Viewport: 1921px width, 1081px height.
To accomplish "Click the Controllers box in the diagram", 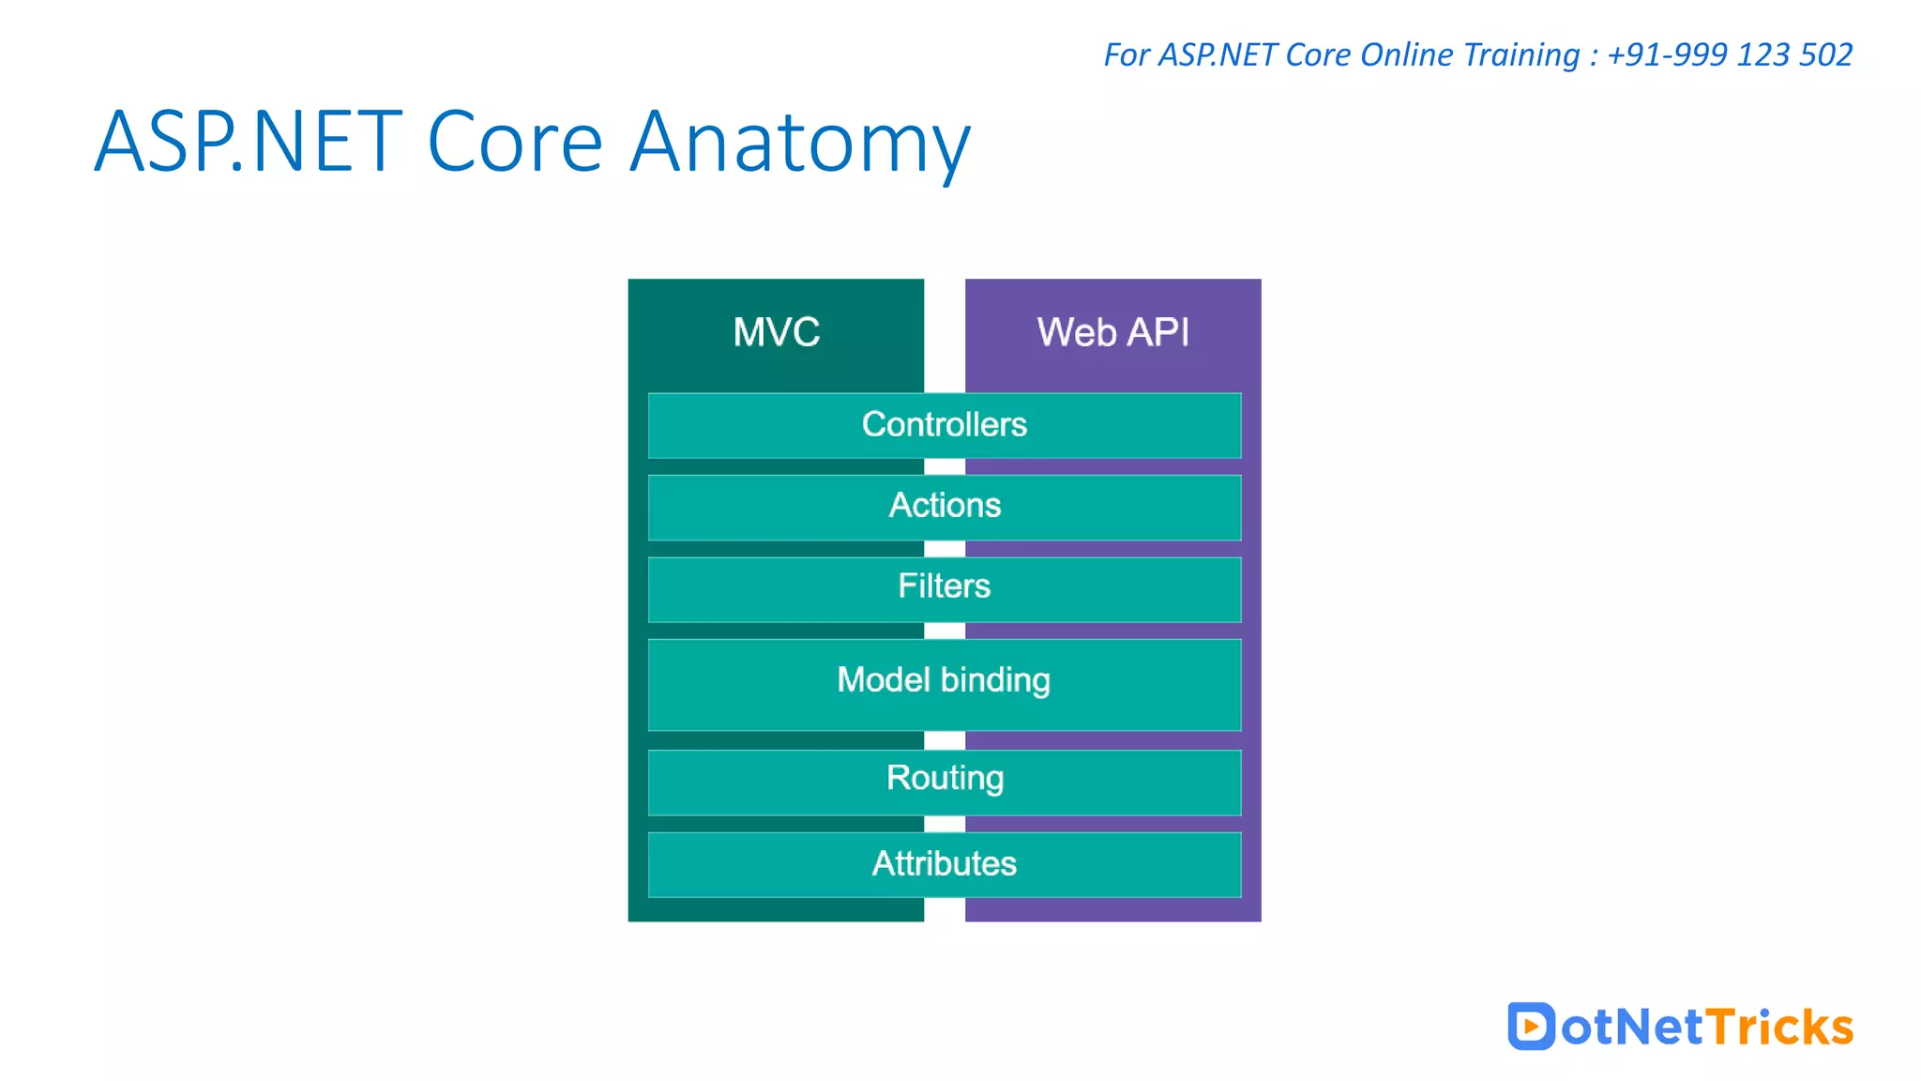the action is (944, 425).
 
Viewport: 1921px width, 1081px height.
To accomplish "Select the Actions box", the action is (944, 507).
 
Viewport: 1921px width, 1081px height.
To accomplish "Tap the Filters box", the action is (944, 587).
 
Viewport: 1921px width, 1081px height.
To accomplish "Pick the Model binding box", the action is (944, 683).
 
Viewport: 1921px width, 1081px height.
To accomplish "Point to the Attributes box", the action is (944, 863).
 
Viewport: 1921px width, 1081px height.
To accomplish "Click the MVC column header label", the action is (776, 332).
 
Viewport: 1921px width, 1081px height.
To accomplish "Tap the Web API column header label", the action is (1112, 332).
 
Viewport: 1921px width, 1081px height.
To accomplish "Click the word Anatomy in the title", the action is (799, 144).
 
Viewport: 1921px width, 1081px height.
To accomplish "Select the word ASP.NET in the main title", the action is (249, 142).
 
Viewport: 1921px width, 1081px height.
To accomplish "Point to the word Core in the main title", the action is (514, 142).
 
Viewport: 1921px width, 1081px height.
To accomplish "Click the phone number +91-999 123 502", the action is (1730, 54).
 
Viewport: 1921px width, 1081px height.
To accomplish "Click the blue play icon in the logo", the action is (1531, 1026).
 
